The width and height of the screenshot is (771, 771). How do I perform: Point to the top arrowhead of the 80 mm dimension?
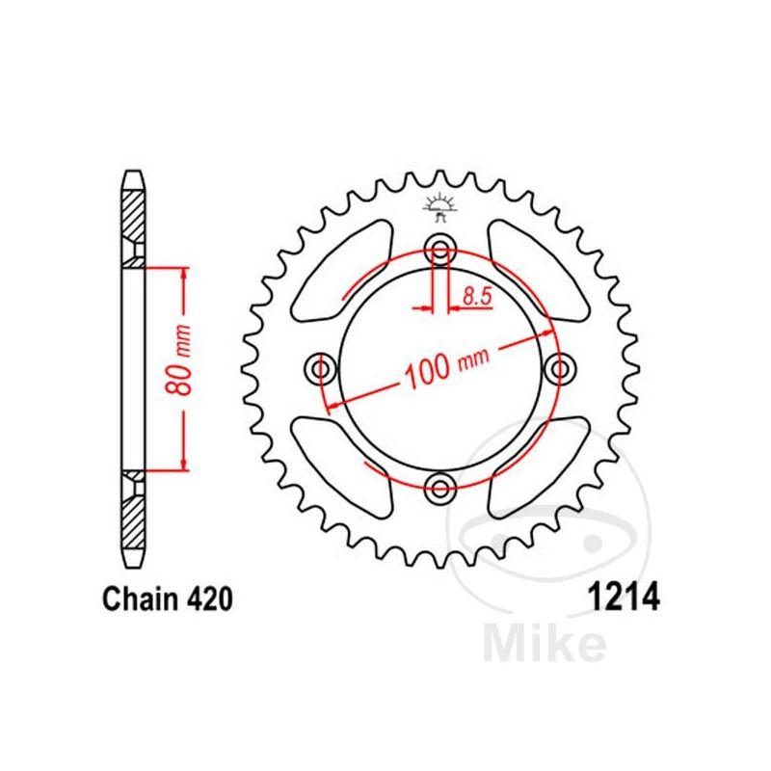click(x=183, y=273)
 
